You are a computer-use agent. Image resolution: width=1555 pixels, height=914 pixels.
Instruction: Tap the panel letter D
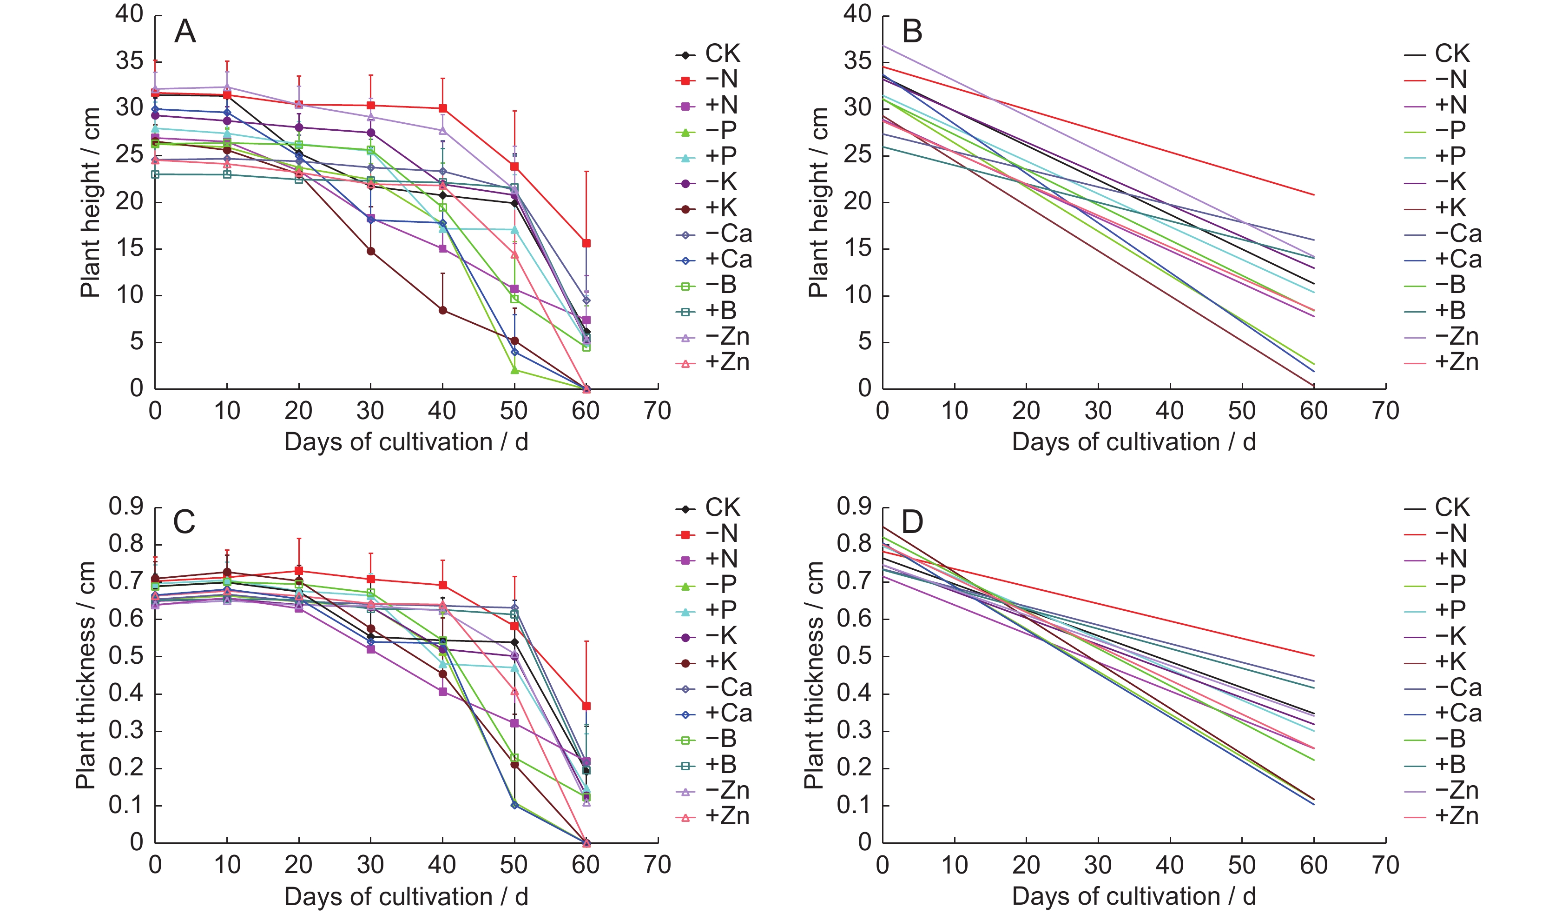[x=912, y=522]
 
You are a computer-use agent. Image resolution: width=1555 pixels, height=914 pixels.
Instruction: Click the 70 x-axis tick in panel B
[x=1385, y=411]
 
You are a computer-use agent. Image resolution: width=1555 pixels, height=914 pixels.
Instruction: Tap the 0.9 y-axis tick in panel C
[x=126, y=507]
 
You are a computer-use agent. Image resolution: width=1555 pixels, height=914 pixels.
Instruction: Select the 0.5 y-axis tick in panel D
[x=855, y=656]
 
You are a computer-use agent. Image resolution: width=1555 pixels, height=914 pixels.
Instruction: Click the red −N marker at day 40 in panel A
[x=442, y=109]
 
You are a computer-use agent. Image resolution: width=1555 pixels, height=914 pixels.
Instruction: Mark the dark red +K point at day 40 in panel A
[x=442, y=310]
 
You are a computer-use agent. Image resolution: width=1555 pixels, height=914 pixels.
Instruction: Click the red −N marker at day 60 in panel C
[x=586, y=706]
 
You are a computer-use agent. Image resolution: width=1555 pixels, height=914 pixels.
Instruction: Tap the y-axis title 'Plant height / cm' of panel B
[x=818, y=202]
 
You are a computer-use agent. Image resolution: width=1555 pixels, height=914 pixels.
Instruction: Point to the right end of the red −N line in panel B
[x=1314, y=195]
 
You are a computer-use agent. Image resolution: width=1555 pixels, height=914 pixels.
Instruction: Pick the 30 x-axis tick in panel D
[x=1098, y=865]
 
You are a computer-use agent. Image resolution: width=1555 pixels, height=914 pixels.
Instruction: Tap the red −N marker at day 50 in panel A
[x=514, y=167]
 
